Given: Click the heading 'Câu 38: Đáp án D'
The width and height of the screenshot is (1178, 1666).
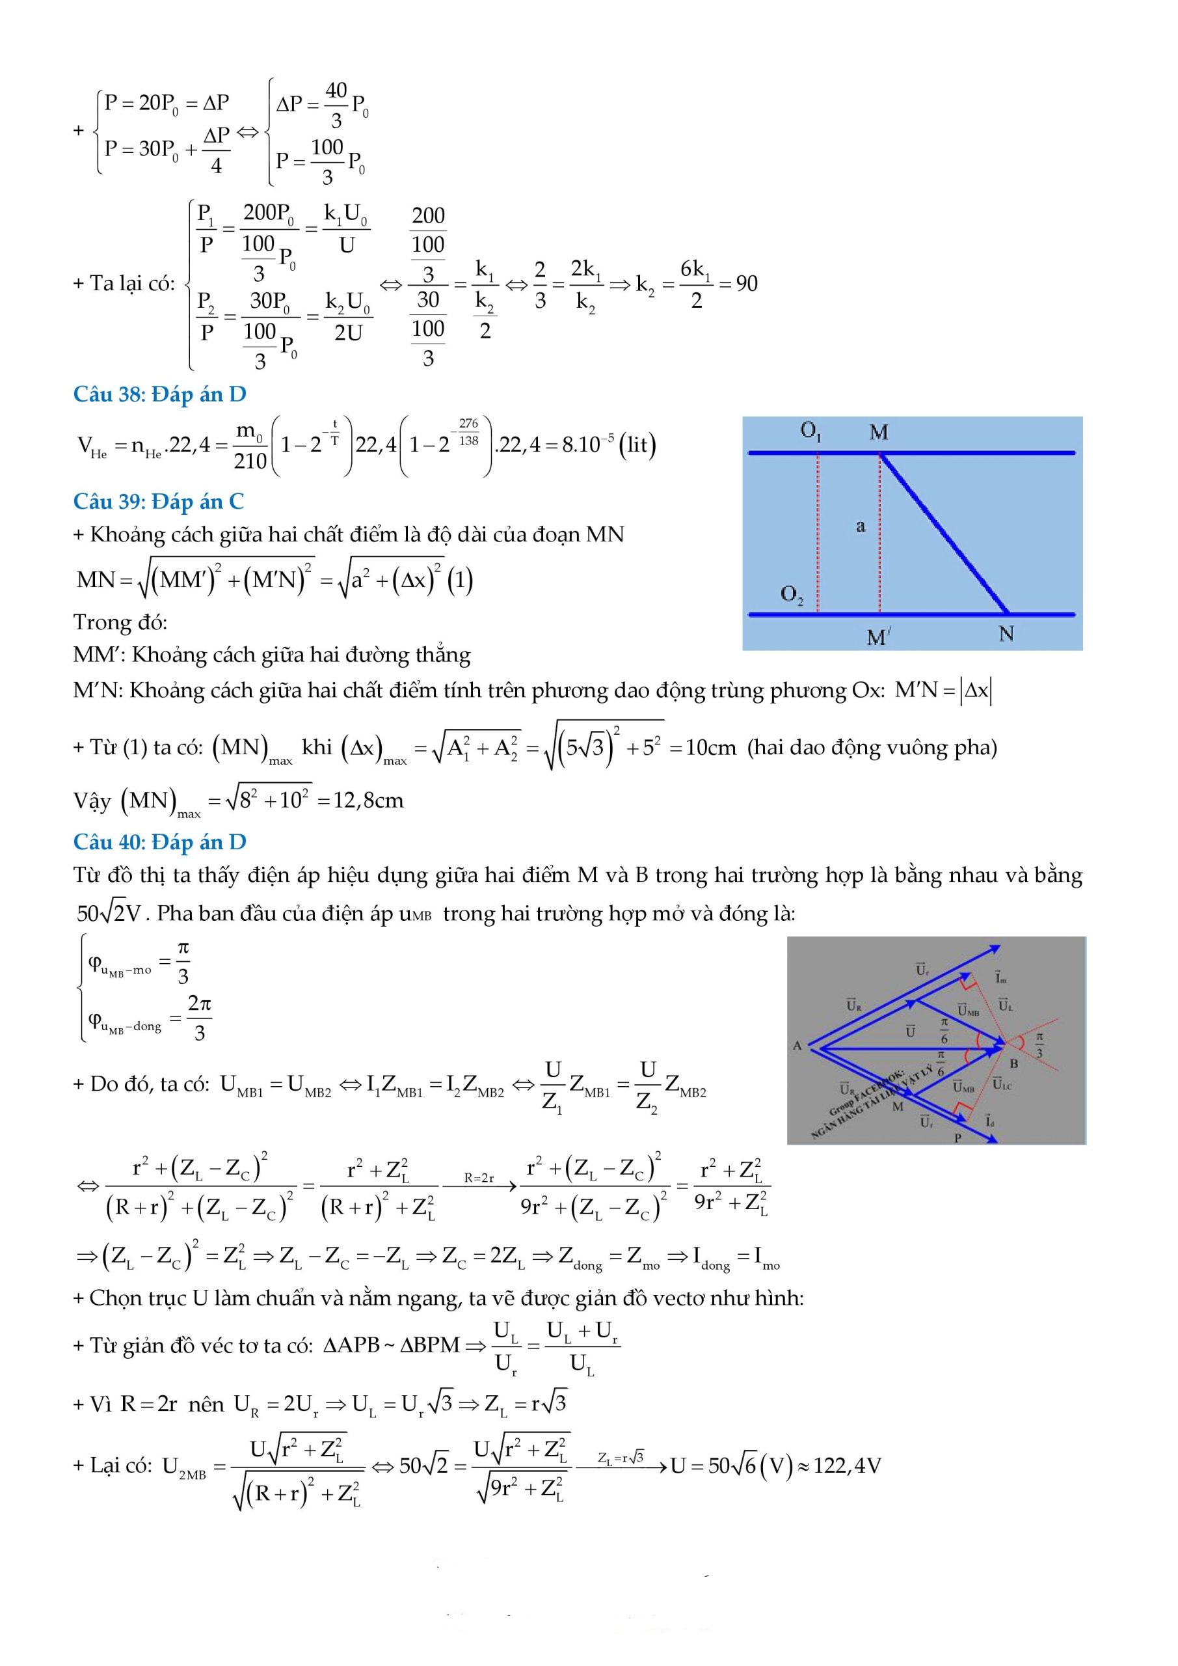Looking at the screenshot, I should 159,394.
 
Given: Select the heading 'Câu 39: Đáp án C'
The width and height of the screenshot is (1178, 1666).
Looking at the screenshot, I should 158,501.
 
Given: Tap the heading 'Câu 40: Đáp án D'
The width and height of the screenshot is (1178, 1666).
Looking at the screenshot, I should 159,841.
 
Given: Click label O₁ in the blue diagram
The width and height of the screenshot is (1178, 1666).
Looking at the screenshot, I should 810,431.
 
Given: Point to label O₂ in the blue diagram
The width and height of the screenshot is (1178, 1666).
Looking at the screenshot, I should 792,595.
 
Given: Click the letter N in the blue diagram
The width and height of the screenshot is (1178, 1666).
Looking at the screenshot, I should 1006,633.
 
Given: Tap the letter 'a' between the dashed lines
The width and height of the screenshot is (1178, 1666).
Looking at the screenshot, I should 861,526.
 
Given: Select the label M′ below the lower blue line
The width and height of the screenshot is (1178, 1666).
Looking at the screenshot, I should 878,636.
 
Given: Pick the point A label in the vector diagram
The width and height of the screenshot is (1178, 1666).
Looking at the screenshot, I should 796,1046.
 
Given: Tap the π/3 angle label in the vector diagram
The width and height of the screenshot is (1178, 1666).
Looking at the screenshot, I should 1039,1046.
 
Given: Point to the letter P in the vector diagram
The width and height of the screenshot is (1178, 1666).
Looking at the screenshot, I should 957,1137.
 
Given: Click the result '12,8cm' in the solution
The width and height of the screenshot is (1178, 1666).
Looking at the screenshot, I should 368,800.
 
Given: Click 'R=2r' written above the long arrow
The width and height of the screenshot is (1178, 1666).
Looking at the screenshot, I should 479,1178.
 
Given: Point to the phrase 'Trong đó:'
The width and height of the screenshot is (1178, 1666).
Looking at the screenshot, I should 120,622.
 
